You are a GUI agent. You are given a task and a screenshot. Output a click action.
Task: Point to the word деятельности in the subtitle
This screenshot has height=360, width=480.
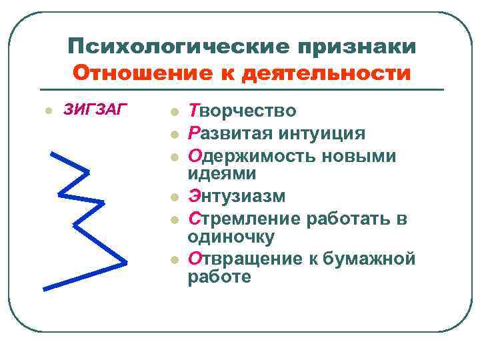327,72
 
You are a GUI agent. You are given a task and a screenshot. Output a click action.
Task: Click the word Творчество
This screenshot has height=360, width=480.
243,111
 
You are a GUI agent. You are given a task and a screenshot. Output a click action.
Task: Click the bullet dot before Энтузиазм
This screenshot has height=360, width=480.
174,197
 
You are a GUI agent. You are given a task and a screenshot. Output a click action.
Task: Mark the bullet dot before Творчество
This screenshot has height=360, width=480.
174,111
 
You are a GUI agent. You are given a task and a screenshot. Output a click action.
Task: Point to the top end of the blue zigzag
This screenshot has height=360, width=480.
54,154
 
